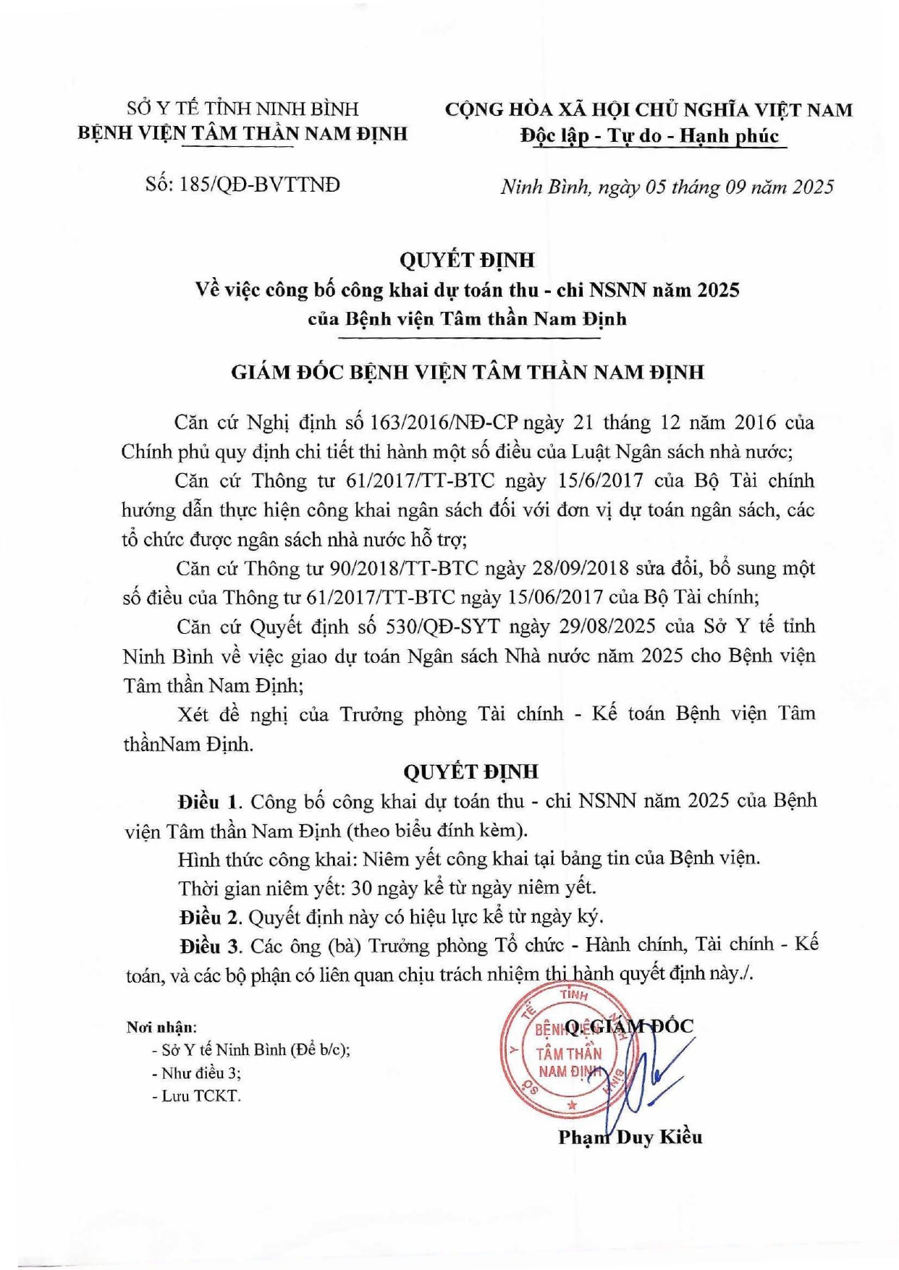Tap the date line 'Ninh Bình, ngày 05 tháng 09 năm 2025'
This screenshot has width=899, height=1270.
(x=667, y=187)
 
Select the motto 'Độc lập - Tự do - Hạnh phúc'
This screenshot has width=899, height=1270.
(x=649, y=136)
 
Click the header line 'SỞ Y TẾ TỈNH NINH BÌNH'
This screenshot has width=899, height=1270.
(x=243, y=109)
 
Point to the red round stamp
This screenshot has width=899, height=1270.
(x=562, y=1051)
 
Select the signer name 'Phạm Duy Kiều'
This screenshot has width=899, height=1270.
(x=630, y=1137)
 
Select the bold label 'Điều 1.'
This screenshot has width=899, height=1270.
(x=209, y=802)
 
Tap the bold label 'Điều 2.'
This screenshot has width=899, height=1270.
(x=211, y=917)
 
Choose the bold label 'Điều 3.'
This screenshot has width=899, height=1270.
(x=211, y=946)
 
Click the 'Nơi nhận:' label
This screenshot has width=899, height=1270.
(x=161, y=1027)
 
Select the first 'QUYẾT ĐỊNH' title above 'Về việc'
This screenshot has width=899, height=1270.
(x=468, y=260)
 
